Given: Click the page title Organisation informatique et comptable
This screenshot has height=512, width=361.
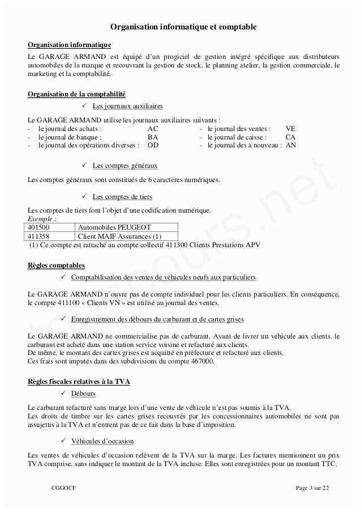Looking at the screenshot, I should (183, 27).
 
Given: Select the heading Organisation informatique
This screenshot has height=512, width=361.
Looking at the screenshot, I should (70, 45).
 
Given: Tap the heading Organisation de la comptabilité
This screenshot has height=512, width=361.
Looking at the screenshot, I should (76, 94).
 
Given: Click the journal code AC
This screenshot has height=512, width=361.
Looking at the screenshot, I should (153, 129).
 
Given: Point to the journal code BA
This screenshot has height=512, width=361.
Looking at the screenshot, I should (153, 137).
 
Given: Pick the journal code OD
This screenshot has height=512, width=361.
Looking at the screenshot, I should (153, 145).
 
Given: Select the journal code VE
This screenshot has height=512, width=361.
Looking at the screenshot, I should (291, 129).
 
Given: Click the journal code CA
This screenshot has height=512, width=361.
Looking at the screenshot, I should (290, 137).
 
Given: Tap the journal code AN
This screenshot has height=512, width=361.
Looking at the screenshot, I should (291, 145).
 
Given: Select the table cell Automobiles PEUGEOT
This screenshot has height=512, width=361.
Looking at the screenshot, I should (106, 227).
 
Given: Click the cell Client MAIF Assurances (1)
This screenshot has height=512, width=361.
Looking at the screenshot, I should (120, 236).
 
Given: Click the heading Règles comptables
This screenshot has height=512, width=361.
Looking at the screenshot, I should (56, 265).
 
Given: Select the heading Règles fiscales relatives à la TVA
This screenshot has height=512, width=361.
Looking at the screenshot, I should (79, 382).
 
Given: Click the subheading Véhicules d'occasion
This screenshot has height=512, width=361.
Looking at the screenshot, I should (102, 441).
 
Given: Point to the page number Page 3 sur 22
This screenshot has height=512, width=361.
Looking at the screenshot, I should (312, 488).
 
